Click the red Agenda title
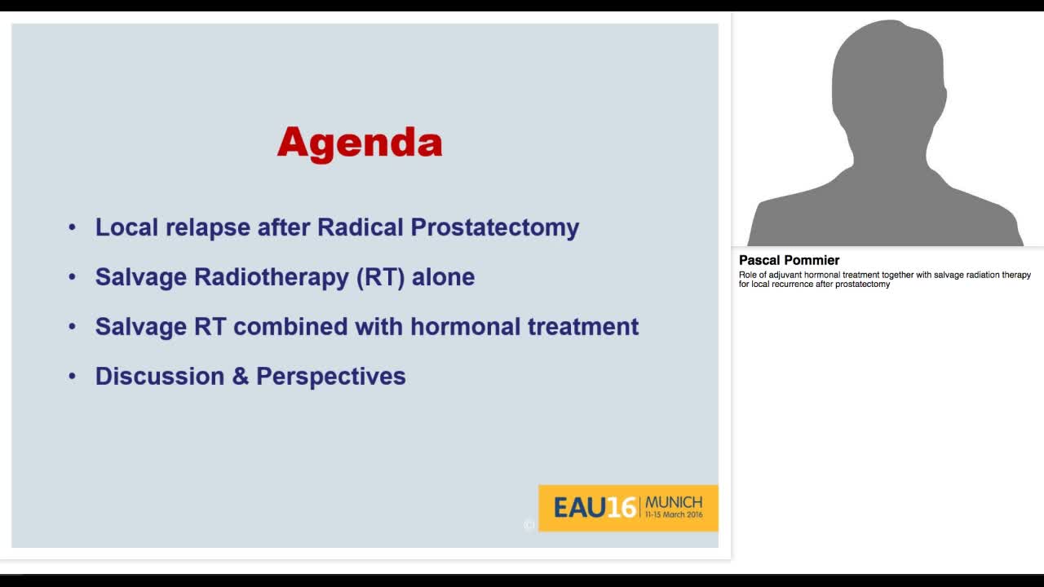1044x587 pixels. click(360, 143)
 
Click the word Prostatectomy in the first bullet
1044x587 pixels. click(494, 227)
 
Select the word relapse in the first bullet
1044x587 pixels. click(209, 227)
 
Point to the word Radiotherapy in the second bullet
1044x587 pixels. click(272, 277)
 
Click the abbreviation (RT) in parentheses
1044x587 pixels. click(380, 277)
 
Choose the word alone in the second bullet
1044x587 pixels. click(443, 277)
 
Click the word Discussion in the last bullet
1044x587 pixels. click(160, 377)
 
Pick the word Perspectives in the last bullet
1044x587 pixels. click(330, 377)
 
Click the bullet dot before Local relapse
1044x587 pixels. click(73, 227)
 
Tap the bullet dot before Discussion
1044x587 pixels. click(73, 377)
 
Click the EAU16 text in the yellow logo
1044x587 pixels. click(595, 508)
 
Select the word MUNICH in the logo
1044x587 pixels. click(673, 502)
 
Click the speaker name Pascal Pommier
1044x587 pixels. click(789, 260)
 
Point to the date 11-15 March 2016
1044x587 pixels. click(673, 515)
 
